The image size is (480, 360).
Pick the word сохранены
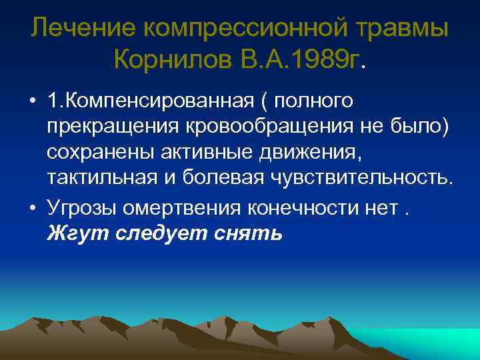pos(101,152)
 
